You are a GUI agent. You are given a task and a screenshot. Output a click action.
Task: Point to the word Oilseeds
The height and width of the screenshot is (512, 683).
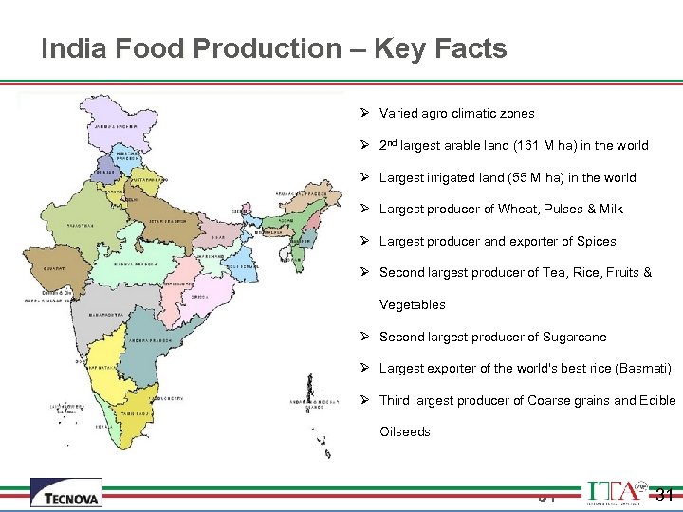405,431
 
